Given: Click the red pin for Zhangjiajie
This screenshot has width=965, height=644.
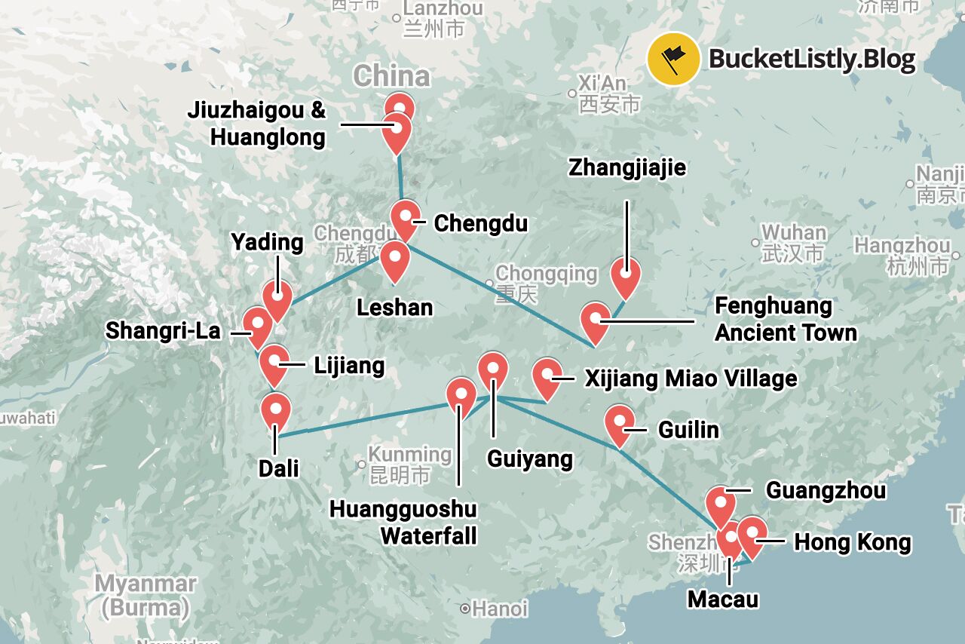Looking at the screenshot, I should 626,276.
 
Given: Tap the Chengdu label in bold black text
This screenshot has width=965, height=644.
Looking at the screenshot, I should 480,224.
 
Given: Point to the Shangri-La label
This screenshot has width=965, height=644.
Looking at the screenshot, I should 163,330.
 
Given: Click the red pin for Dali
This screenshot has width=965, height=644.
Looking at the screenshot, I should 276,412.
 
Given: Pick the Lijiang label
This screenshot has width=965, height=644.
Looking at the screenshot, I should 349,366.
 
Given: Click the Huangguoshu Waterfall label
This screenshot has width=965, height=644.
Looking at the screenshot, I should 403,522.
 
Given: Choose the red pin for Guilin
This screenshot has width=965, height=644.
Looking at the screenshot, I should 620,423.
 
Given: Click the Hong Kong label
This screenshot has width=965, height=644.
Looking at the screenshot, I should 853,542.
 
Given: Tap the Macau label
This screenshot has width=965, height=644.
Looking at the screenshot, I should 723,599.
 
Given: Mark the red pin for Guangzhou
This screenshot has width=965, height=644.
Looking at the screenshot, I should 721,504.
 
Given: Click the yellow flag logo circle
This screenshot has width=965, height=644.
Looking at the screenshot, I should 673,58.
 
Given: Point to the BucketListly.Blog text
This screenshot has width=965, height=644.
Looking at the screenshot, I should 812,59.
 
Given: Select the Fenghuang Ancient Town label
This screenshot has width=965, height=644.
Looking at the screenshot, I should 786,319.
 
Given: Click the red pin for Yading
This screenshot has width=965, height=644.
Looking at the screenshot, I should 277,299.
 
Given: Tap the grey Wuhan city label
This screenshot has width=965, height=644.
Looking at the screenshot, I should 793,232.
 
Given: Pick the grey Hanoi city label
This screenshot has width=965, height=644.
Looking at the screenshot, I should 499,609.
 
